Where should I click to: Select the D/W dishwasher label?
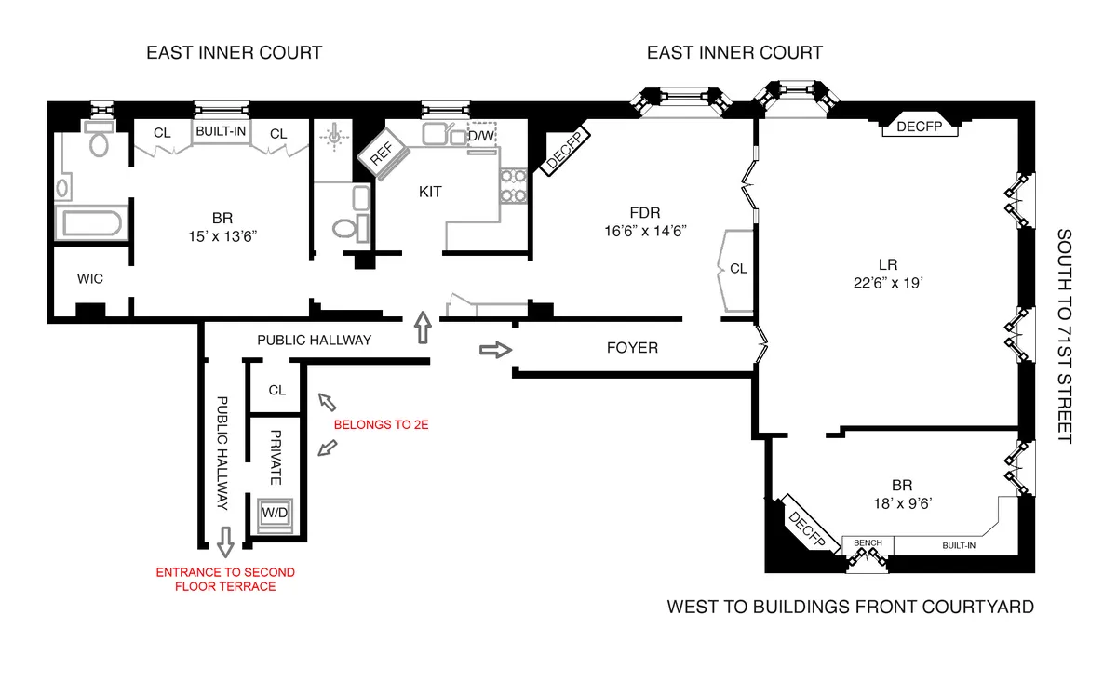(x=481, y=136)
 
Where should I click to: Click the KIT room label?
(x=430, y=192)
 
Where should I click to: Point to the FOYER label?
(x=632, y=348)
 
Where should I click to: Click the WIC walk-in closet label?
(x=90, y=277)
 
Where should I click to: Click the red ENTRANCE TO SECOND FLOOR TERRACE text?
(x=225, y=579)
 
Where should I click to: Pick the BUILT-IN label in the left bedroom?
(x=221, y=132)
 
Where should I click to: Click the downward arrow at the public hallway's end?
(x=224, y=539)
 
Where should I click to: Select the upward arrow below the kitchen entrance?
(x=423, y=328)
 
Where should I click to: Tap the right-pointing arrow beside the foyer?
(x=493, y=350)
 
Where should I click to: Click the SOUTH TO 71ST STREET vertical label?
(x=1064, y=336)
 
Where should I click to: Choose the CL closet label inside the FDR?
(x=738, y=269)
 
